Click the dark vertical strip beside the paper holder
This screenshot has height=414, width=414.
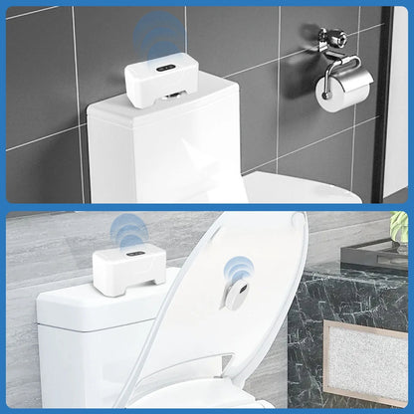pyautogui.click(x=394, y=100)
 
